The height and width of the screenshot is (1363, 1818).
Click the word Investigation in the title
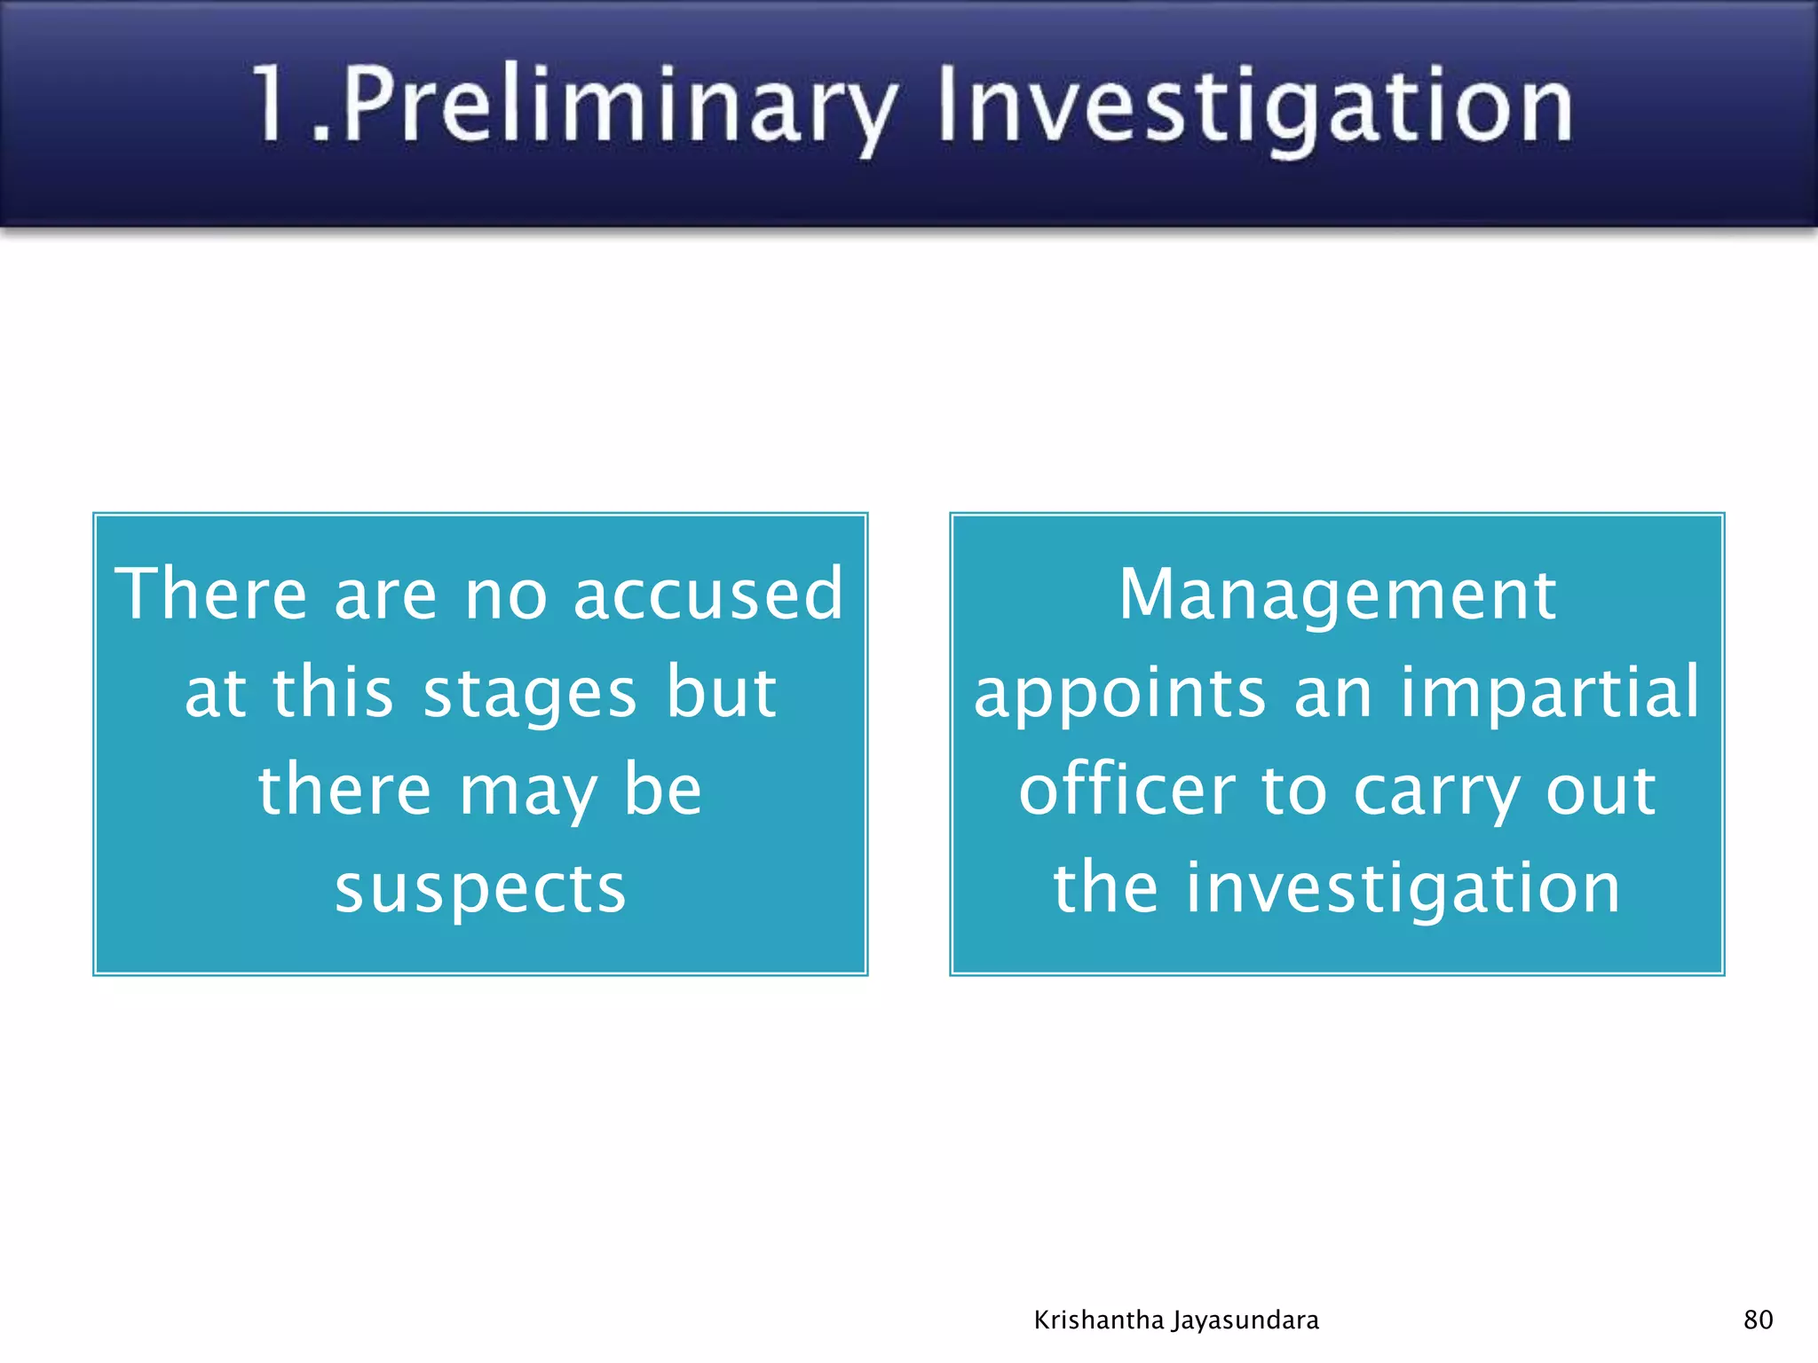tap(1254, 106)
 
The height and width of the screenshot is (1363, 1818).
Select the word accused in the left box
tap(707, 594)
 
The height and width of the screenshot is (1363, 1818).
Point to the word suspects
tap(480, 888)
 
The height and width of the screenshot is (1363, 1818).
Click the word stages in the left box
tap(530, 692)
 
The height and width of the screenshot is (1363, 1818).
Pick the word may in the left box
tap(528, 792)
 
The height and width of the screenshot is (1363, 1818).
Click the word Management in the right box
tap(1337, 594)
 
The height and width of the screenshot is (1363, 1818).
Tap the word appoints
tap(1119, 694)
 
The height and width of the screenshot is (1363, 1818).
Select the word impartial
tap(1550, 692)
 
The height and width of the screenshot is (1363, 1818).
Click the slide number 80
tap(1758, 1320)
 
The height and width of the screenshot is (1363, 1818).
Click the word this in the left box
tap(332, 692)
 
